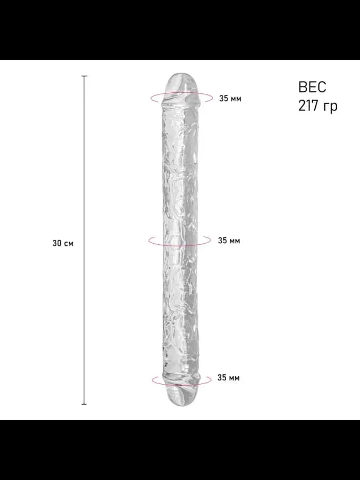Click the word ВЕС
click(312, 87)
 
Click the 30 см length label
click(63, 243)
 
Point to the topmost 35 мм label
click(230, 99)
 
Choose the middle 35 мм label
click(229, 241)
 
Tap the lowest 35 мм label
click(228, 378)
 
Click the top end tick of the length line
click(84, 76)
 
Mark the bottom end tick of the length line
click(84, 404)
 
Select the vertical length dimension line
click(84, 240)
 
